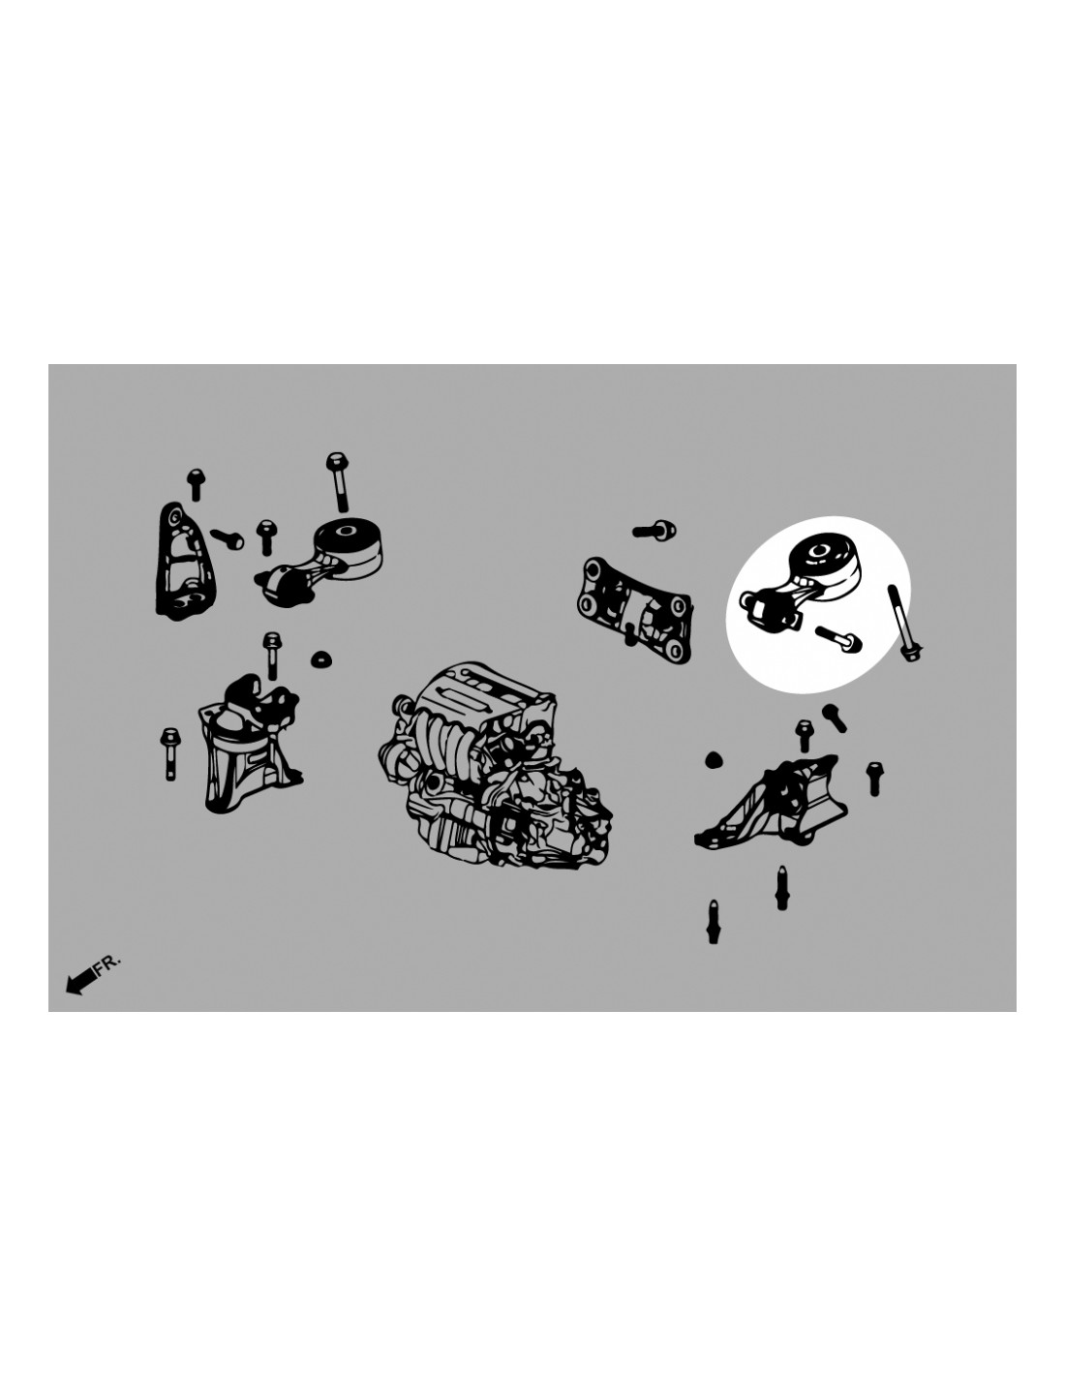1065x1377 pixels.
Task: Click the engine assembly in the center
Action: click(495, 764)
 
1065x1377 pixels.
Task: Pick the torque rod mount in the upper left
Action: click(319, 563)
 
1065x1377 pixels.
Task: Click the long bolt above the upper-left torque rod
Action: click(338, 481)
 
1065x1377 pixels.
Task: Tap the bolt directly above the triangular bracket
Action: click(196, 485)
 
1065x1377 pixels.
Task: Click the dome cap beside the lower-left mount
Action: click(322, 659)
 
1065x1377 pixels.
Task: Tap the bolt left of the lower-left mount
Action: click(169, 753)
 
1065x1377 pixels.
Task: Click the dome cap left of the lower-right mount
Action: click(714, 758)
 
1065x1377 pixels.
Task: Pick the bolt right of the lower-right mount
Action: click(875, 778)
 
